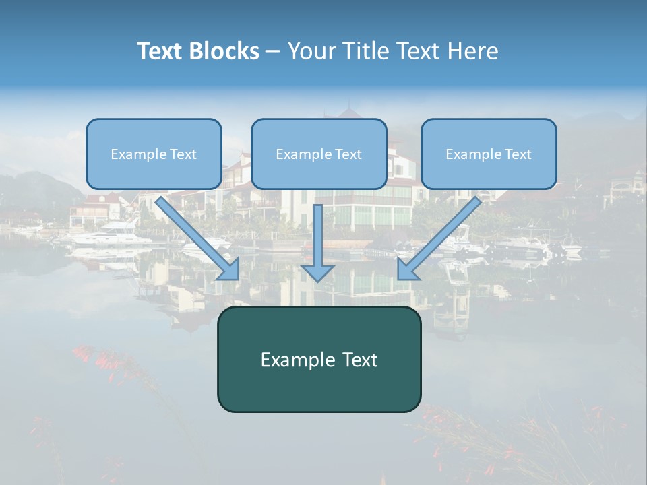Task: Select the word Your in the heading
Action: point(311,51)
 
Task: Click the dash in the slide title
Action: point(274,51)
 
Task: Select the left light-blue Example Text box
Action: point(154,154)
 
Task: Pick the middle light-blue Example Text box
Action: point(319,154)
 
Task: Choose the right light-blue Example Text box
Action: point(489,154)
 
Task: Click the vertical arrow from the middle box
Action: point(317,236)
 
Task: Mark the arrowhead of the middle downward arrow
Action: point(317,272)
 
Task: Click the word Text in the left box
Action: point(183,154)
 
